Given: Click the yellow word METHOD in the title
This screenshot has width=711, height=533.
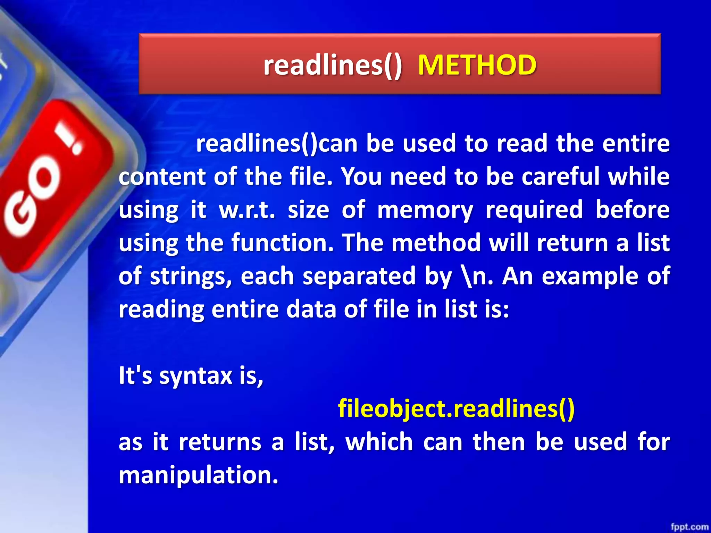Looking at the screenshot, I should point(477,65).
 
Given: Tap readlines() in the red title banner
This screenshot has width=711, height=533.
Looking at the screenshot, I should point(333,65).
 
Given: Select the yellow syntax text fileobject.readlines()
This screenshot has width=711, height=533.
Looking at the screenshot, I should point(456,408).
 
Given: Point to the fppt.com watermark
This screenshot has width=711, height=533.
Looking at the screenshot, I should point(689,527).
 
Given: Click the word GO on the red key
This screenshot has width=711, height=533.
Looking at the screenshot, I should point(33,198).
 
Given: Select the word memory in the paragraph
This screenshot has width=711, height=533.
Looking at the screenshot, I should point(425,210).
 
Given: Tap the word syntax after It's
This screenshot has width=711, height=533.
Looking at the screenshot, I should point(195,376).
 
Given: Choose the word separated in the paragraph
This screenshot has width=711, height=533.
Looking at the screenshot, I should point(359,277).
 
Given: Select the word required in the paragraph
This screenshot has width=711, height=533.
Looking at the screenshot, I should point(534,210).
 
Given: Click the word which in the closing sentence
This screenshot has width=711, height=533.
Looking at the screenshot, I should point(379,442).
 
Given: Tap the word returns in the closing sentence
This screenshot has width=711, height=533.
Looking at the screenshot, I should point(220,442).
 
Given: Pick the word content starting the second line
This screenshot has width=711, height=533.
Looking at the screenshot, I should point(162,177).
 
